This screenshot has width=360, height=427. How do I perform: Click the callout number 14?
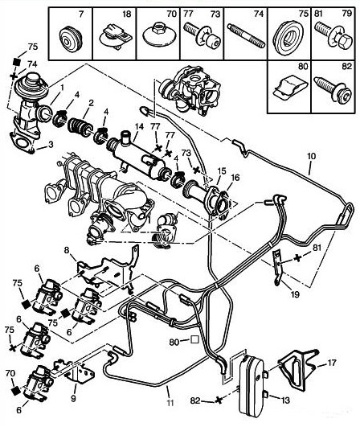click(x=139, y=127)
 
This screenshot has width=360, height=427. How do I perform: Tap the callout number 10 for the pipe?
click(x=311, y=156)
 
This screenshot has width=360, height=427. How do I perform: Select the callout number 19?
click(x=295, y=294)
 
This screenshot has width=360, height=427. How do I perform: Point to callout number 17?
click(x=332, y=363)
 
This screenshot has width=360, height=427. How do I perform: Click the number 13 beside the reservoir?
click(x=285, y=400)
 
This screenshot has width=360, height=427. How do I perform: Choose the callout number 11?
click(x=170, y=403)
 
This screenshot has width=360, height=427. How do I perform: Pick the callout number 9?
click(x=73, y=399)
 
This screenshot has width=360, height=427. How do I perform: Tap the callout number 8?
click(x=67, y=250)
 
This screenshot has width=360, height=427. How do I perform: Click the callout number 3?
click(x=51, y=144)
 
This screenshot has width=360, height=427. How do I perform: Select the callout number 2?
click(x=91, y=103)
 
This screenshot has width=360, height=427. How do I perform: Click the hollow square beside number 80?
click(x=194, y=339)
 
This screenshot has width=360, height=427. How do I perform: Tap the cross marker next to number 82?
click(x=218, y=400)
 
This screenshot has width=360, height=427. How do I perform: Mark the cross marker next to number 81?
click(x=298, y=258)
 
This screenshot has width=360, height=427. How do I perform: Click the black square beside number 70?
click(x=16, y=391)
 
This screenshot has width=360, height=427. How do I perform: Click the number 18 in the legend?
click(x=126, y=14)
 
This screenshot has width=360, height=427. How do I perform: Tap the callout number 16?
click(x=235, y=178)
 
